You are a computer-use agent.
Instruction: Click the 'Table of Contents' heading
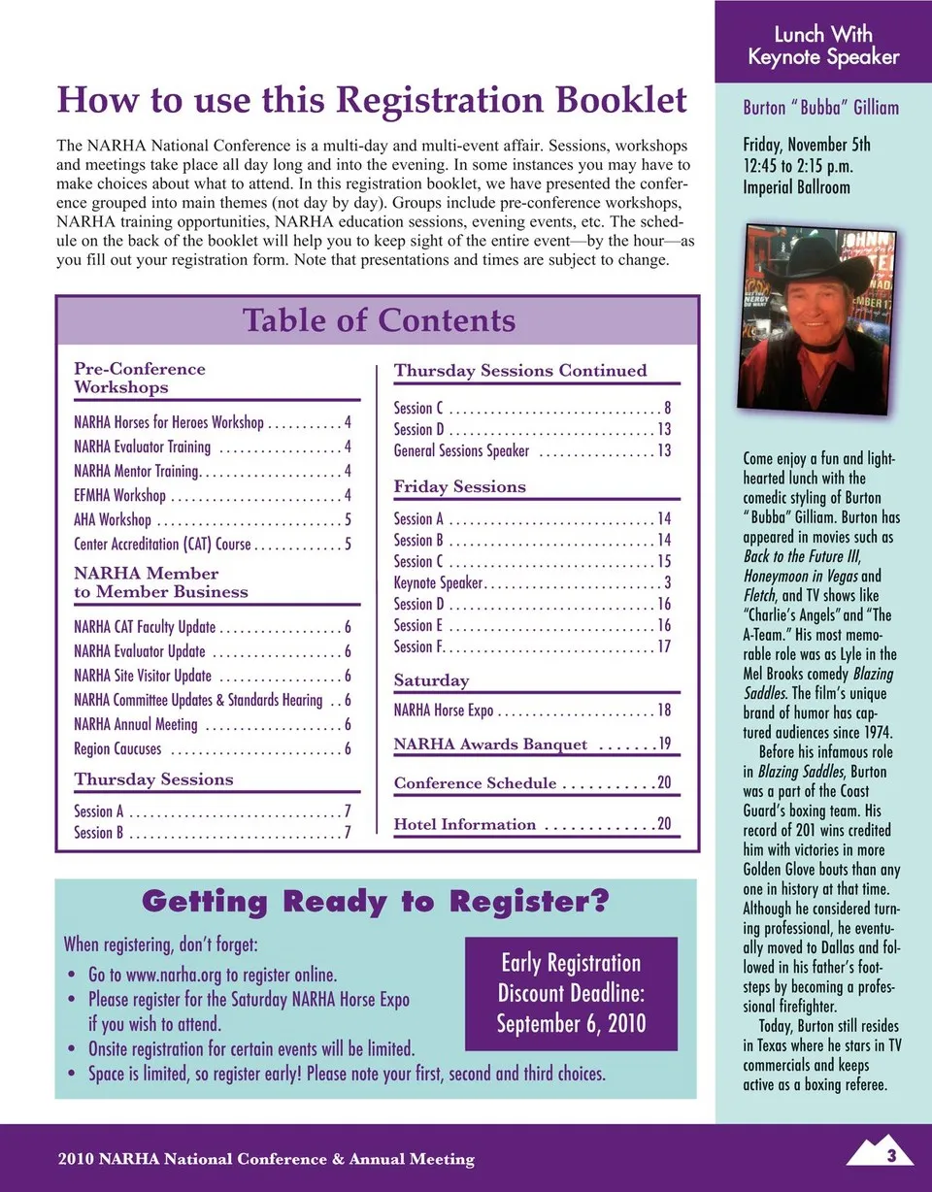[x=379, y=320]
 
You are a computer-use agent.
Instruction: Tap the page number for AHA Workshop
[x=347, y=519]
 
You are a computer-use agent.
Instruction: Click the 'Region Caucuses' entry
[x=117, y=748]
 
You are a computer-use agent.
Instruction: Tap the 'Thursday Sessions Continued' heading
[x=519, y=370]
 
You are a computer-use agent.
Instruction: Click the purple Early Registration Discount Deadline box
[x=571, y=993]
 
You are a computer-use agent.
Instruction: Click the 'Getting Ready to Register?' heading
[x=375, y=902]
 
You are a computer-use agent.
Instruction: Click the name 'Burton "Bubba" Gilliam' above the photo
[x=820, y=108]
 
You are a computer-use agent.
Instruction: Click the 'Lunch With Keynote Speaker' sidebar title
[x=823, y=47]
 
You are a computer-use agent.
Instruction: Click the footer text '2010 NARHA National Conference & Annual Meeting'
[x=266, y=1158]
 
